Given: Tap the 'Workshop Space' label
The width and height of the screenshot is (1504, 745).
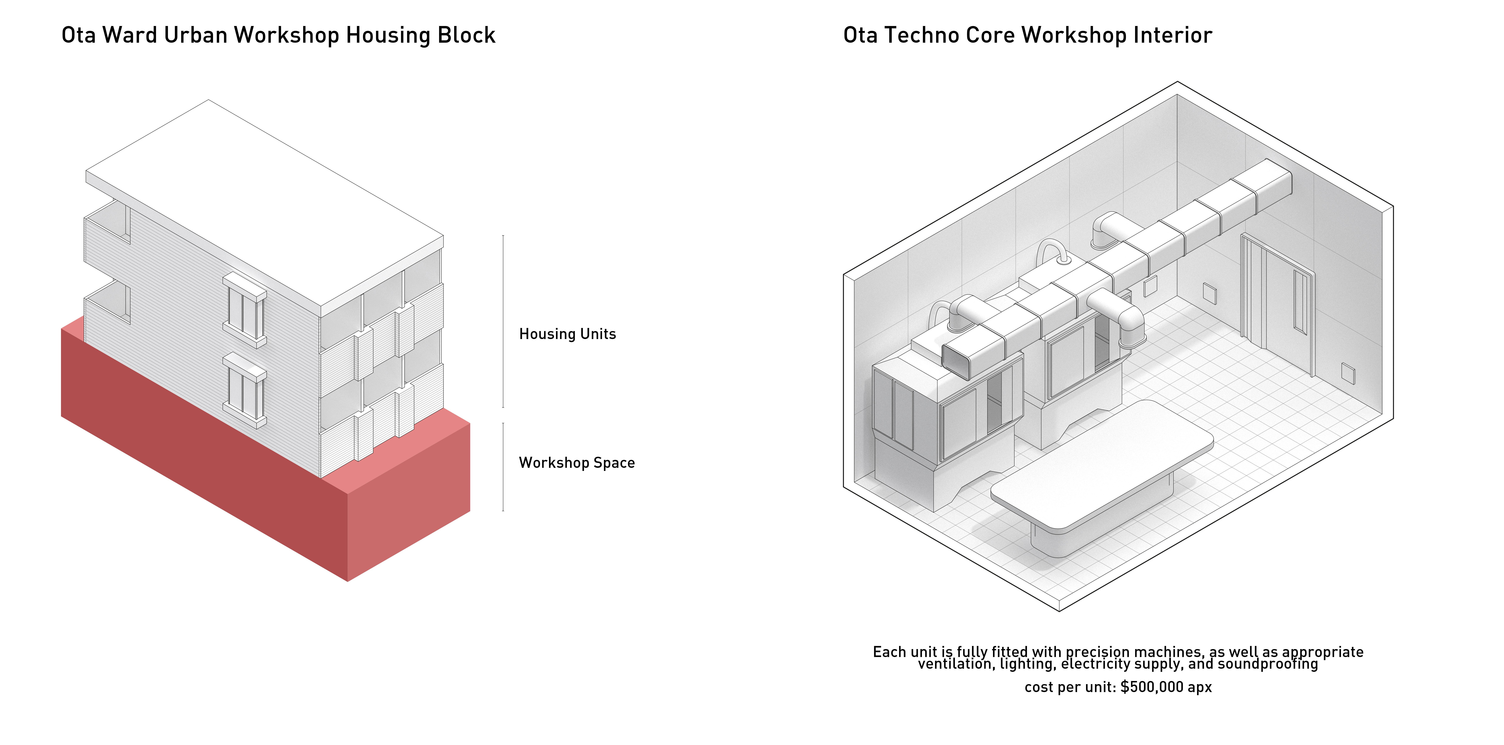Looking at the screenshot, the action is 577,463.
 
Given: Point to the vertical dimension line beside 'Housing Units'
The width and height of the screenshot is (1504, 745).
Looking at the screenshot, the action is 503,321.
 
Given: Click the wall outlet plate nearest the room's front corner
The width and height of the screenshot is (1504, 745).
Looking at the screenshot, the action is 1348,373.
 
